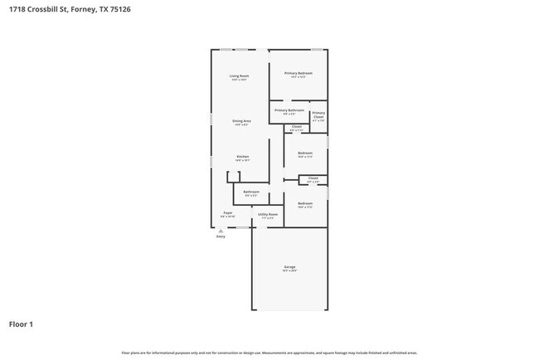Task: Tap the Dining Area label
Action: point(241,121)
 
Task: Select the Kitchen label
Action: point(242,156)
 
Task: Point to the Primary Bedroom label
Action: point(299,74)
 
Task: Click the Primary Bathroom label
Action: point(289,110)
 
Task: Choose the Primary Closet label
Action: point(318,115)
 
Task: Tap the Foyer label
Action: point(227,213)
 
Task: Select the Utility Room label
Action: point(268,213)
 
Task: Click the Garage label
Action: point(289,267)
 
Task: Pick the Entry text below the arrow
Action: point(221,237)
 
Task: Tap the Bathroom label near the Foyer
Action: point(251,192)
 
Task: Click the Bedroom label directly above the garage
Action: point(305,203)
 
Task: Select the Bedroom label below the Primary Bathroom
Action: point(305,153)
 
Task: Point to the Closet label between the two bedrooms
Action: point(313,178)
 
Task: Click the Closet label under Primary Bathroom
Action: point(296,127)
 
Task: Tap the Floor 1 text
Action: point(22,324)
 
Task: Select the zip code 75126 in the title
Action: point(119,9)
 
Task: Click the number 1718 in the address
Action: point(17,9)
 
